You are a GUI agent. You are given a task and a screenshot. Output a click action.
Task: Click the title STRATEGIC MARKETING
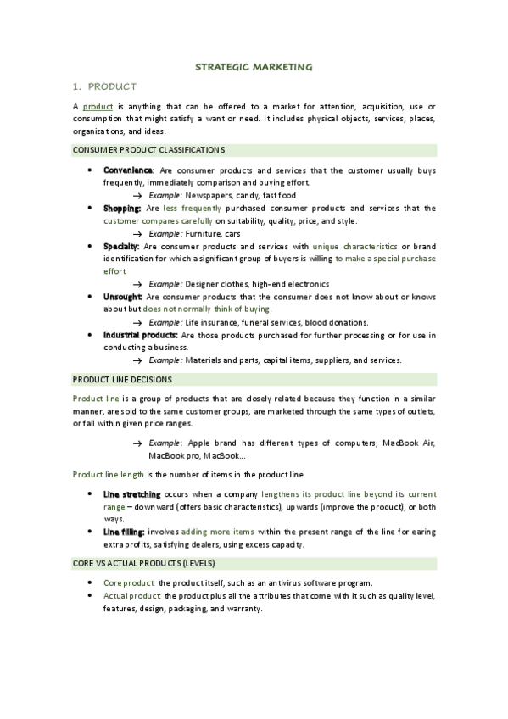[254, 65]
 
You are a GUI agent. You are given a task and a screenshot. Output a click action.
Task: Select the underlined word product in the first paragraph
[98, 106]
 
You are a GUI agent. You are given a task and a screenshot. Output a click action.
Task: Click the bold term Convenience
[128, 170]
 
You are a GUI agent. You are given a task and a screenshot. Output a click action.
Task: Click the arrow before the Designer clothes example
[137, 284]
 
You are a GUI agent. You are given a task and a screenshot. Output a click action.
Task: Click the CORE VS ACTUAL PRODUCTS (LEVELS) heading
[144, 563]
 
